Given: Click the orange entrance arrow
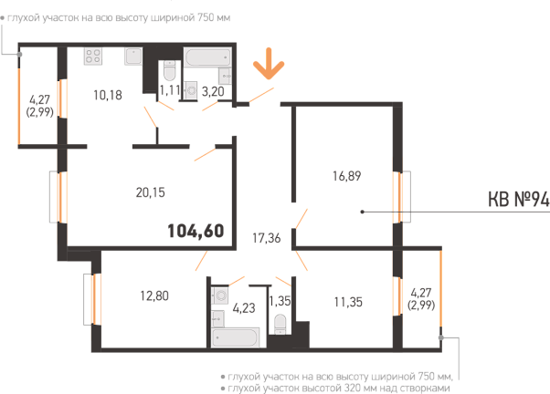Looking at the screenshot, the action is click(x=269, y=64).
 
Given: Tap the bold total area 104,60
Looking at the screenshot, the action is click(x=196, y=231).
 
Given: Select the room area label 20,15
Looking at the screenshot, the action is click(x=150, y=192).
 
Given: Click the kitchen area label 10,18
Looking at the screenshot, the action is click(x=108, y=95).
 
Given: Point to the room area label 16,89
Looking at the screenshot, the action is click(x=346, y=176).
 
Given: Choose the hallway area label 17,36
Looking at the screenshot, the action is click(x=267, y=238).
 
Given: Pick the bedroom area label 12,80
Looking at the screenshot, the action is click(x=154, y=295).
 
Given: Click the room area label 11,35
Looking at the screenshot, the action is click(x=348, y=302).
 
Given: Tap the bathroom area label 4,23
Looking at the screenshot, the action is click(x=244, y=308).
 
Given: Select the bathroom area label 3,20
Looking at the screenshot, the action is click(x=213, y=91).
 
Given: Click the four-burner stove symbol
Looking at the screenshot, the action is click(x=93, y=57).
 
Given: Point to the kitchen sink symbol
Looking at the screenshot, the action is click(x=133, y=57).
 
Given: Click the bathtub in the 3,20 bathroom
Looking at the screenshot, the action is click(x=207, y=57).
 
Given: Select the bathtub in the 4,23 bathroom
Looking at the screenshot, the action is click(x=236, y=337).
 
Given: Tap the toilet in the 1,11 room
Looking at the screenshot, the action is click(x=169, y=71).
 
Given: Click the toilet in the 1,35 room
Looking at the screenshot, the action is click(x=280, y=325).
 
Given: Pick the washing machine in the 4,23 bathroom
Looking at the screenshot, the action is click(x=220, y=295).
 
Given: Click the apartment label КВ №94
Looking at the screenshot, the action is click(x=518, y=199).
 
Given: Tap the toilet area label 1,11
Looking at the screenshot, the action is click(x=170, y=90).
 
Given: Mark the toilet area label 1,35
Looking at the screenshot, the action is click(x=280, y=301).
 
